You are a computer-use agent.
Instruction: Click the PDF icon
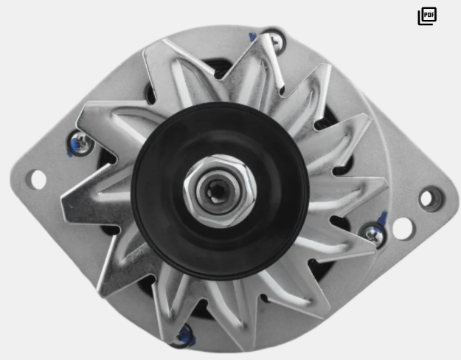point(427,16)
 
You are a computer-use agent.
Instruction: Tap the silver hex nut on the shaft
point(220,190)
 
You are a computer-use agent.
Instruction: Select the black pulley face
point(220,190)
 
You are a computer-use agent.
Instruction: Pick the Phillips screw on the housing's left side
point(81,143)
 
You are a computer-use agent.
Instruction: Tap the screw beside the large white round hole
point(372,235)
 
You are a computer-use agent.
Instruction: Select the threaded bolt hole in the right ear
point(431,199)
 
